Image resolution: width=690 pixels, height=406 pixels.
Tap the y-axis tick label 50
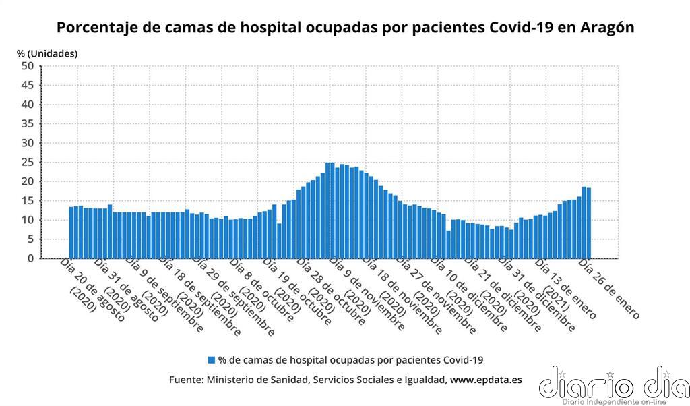tap(27, 66)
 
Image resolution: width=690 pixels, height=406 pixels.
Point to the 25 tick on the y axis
tap(27, 163)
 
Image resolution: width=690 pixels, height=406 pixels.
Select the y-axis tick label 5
tap(30, 239)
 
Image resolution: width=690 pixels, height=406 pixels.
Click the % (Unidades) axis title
tap(47, 53)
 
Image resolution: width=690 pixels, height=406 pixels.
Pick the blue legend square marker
tap(212, 360)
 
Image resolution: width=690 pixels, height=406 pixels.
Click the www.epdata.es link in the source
tap(485, 380)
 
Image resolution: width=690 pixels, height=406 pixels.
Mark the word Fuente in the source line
tap(186, 380)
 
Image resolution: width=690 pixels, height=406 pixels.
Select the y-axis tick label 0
tap(30, 258)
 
